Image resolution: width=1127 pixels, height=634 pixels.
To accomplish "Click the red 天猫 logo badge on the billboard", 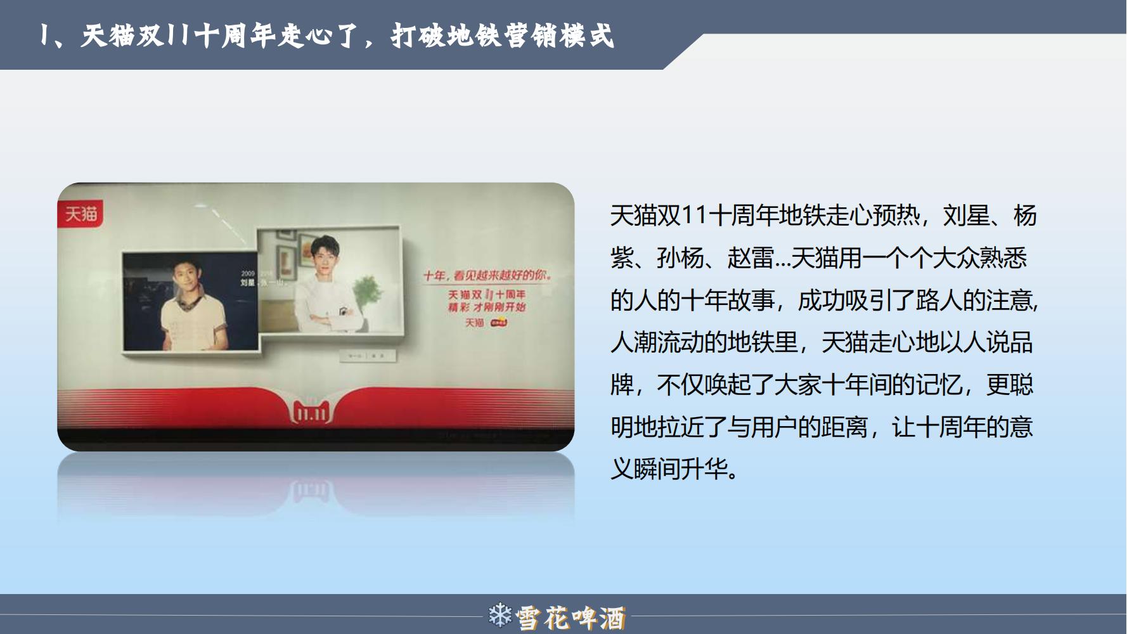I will tap(80, 214).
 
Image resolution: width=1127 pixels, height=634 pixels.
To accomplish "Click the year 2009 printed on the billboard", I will tap(247, 273).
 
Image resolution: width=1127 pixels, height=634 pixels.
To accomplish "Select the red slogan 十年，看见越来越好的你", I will tap(487, 276).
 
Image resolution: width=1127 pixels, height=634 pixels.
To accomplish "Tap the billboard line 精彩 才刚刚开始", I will tap(487, 307).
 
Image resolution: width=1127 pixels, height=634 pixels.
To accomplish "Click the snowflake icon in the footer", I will tap(499, 616).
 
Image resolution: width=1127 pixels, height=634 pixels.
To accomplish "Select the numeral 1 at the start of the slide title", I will tap(43, 36).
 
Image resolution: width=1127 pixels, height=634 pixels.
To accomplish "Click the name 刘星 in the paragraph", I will tap(966, 216).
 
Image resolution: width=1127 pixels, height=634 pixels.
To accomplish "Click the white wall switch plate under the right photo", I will tap(368, 356).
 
